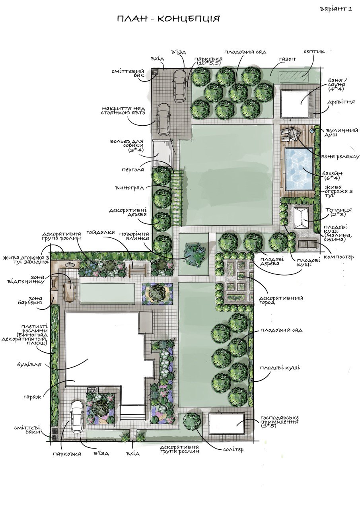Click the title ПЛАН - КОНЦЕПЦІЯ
click(168, 19)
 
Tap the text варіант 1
click(336, 9)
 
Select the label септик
click(314, 52)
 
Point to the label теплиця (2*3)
click(340, 212)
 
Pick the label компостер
click(339, 257)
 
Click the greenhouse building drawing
click(301, 218)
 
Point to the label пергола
click(133, 170)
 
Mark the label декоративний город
click(281, 300)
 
